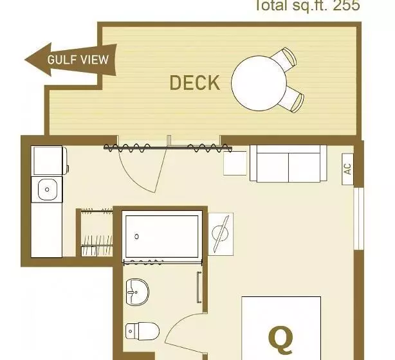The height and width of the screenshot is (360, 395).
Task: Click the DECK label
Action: pos(194,83)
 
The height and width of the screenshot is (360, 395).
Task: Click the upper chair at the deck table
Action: pos(288,58)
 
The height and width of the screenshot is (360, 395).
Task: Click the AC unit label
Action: pos(347,169)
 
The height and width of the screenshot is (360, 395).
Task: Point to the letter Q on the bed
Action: pos(280,337)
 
